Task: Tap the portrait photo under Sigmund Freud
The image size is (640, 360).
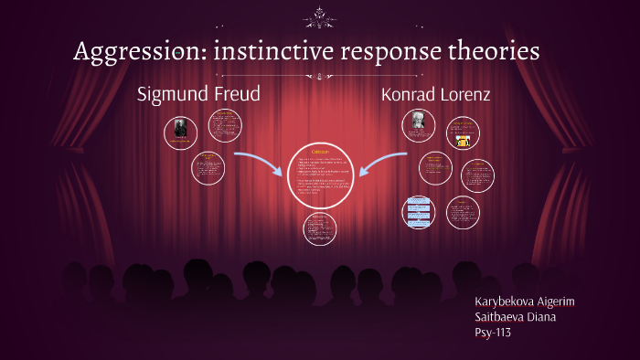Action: (181, 132)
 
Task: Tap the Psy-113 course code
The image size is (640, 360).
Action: (493, 333)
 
